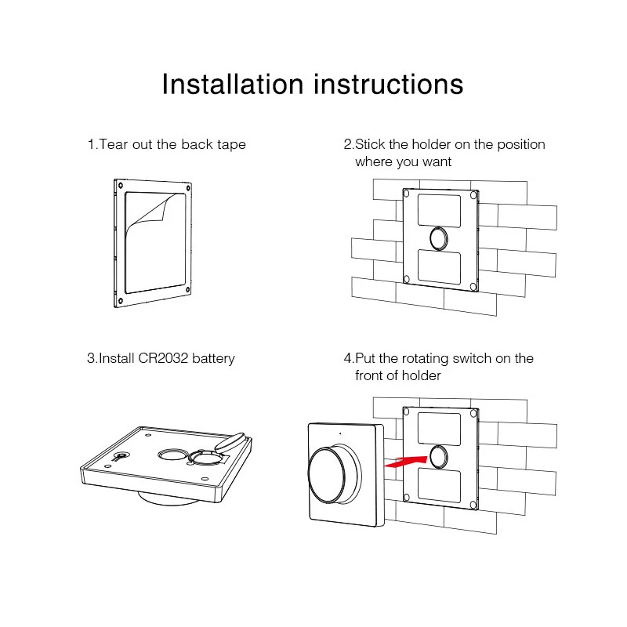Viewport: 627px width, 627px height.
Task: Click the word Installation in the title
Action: pyautogui.click(x=233, y=84)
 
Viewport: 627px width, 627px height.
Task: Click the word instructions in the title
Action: pyautogui.click(x=389, y=84)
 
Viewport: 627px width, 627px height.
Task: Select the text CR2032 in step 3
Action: pyautogui.click(x=163, y=358)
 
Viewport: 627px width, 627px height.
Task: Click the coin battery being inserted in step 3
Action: pyautogui.click(x=229, y=441)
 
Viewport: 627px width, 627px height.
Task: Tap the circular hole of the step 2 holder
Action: pyautogui.click(x=439, y=239)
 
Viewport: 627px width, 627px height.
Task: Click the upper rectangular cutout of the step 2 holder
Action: pyautogui.click(x=439, y=211)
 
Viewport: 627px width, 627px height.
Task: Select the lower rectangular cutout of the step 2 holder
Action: pyautogui.click(x=439, y=266)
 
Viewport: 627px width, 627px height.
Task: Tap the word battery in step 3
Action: pyautogui.click(x=213, y=359)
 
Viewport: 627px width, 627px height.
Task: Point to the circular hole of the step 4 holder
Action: pyautogui.click(x=439, y=456)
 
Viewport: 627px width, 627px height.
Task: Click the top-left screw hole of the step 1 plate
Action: pyautogui.click(x=120, y=185)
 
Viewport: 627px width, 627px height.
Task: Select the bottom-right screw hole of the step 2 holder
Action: pyautogui.click(x=473, y=286)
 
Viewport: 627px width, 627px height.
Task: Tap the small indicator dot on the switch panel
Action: pyautogui.click(x=340, y=433)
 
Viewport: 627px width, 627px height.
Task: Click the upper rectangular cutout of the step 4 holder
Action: pyautogui.click(x=439, y=429)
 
